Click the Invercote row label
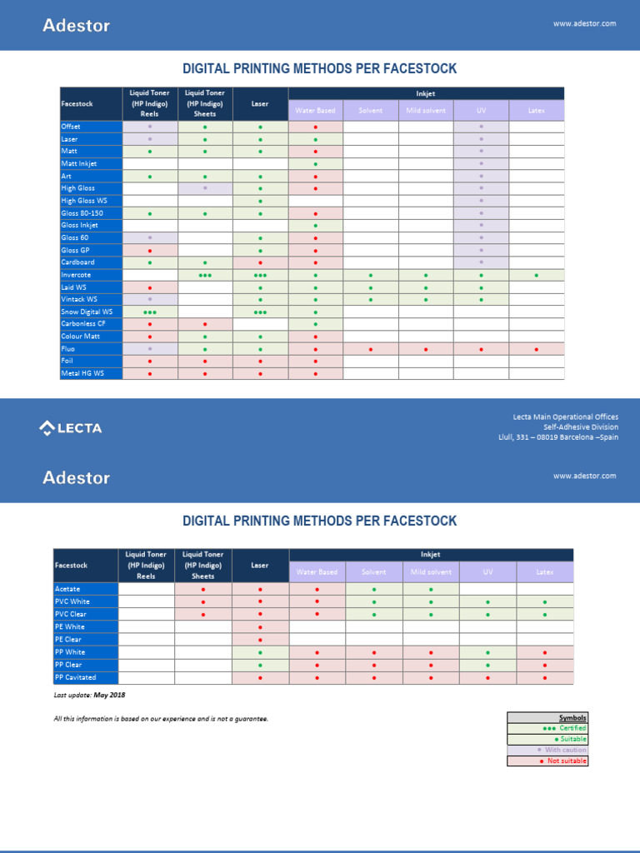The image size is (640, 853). click(76, 275)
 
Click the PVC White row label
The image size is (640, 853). click(72, 601)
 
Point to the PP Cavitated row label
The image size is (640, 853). click(76, 677)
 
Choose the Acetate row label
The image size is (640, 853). click(67, 589)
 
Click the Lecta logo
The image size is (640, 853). click(71, 428)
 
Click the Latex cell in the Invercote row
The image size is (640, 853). click(536, 275)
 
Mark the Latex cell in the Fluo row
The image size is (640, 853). click(536, 349)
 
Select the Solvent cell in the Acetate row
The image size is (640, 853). click(373, 589)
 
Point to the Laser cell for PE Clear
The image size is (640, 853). click(260, 640)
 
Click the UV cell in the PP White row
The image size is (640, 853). click(487, 652)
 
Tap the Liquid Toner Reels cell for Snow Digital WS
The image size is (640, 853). click(150, 312)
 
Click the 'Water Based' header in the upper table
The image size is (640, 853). click(315, 110)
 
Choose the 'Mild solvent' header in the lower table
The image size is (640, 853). click(431, 572)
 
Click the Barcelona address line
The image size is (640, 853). click(557, 437)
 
